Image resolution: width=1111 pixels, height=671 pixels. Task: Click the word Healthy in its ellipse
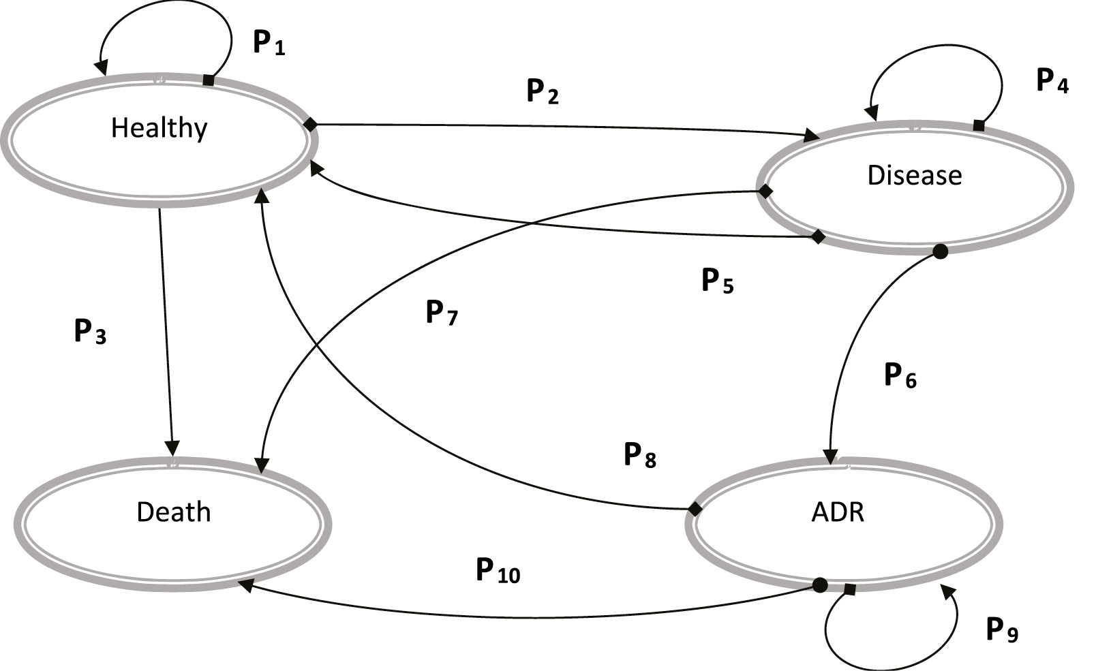(159, 128)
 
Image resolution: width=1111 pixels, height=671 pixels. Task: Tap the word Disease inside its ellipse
(914, 176)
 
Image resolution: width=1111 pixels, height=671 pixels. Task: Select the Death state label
(173, 512)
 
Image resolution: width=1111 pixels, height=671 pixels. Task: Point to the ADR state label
(838, 512)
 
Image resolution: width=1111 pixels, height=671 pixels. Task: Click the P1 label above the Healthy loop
(269, 43)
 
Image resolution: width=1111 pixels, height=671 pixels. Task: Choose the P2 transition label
(543, 91)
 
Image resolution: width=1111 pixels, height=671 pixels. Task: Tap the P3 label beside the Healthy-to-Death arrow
(90, 331)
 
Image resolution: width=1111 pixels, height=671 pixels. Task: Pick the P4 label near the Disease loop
(1052, 80)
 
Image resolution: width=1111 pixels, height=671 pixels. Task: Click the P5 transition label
(717, 281)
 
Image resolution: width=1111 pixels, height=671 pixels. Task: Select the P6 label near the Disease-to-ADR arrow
(900, 375)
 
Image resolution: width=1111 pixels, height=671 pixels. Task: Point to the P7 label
(442, 313)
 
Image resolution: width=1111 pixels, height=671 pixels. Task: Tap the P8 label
(639, 455)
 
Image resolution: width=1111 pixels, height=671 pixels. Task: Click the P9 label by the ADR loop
(1002, 630)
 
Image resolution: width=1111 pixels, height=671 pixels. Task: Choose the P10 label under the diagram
(498, 571)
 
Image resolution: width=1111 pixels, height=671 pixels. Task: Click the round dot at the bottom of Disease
(941, 251)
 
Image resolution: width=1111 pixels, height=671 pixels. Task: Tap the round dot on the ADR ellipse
(820, 585)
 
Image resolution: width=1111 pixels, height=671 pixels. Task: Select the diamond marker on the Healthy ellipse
(310, 125)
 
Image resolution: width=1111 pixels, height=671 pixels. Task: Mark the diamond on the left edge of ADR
(695, 509)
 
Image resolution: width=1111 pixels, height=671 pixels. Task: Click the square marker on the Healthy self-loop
(209, 80)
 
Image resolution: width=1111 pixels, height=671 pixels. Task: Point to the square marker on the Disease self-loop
(979, 125)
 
